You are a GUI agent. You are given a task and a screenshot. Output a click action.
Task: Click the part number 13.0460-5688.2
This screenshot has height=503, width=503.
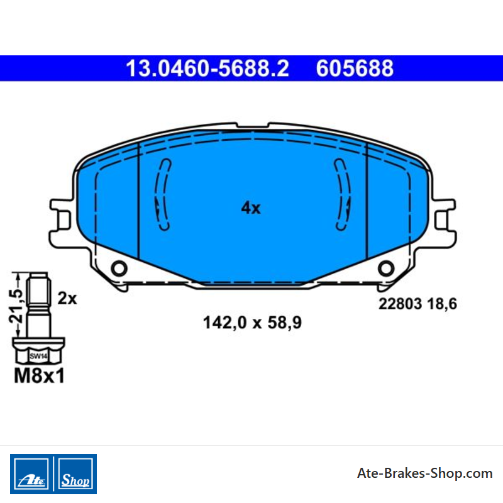(207, 69)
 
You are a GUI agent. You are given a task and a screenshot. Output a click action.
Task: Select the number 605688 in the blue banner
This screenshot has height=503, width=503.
(355, 69)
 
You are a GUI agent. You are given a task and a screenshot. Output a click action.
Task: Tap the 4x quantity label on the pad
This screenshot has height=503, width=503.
(251, 208)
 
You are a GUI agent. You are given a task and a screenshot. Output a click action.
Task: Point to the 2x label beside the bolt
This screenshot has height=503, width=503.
(67, 298)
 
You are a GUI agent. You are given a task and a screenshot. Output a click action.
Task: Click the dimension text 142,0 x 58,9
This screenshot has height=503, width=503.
(252, 323)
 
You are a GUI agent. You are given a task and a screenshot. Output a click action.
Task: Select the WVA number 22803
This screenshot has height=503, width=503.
(400, 304)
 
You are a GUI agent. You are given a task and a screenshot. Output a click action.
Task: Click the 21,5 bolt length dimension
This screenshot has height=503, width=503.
(16, 306)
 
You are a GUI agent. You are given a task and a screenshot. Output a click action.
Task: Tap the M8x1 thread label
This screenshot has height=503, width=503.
(39, 375)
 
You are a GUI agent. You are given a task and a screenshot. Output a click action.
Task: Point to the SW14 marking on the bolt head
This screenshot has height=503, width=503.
(38, 356)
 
